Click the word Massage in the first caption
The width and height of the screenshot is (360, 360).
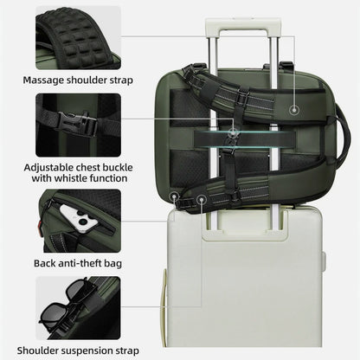pos(43,80)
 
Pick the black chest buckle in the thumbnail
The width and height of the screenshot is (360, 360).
pos(77,124)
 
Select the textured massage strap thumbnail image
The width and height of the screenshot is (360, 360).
pos(78,38)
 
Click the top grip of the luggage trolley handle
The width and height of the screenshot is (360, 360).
pos(243,23)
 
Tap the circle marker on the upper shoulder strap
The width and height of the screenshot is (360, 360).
pos(294,110)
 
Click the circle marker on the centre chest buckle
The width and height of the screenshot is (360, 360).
pos(233,133)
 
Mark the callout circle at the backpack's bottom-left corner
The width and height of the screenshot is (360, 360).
pos(175,196)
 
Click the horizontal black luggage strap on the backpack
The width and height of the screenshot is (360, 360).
pos(245,139)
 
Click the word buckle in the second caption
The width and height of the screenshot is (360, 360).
pos(118,167)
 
